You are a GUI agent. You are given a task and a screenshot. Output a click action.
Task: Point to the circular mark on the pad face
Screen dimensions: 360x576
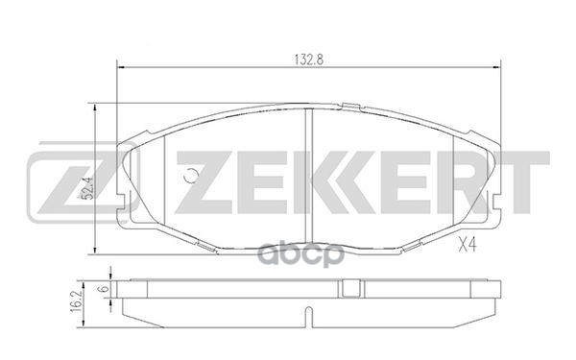191,176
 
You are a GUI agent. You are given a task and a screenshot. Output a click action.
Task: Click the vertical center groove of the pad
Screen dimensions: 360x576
307,173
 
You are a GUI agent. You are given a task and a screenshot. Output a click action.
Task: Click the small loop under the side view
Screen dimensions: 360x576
306,316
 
